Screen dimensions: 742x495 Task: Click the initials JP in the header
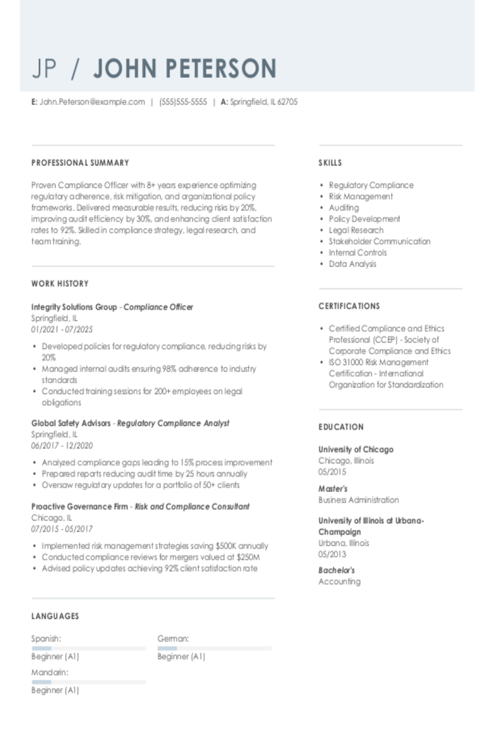point(44,68)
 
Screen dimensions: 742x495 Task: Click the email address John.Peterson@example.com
point(92,102)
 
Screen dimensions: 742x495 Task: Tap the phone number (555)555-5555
point(183,102)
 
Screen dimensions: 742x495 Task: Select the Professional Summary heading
point(80,163)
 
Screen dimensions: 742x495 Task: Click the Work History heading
point(60,283)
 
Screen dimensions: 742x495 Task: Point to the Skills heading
point(330,163)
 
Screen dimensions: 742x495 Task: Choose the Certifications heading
point(349,306)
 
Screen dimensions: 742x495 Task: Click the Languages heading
point(55,616)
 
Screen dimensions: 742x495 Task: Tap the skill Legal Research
point(356,230)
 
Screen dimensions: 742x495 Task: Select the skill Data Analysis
point(353,264)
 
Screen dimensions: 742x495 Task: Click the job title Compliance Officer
point(158,307)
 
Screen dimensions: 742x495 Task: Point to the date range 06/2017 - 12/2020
point(62,446)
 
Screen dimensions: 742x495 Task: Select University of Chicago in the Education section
point(356,450)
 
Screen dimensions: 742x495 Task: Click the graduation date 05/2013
point(332,554)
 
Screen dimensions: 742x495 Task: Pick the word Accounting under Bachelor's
point(339,582)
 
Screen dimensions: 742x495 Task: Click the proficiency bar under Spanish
point(88,648)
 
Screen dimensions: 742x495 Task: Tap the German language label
point(173,639)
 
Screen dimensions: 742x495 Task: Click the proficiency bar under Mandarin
point(88,681)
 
